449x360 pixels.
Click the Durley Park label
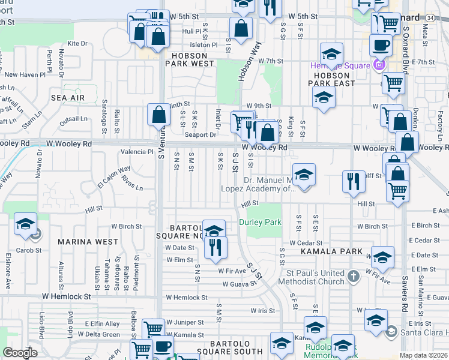click(261, 222)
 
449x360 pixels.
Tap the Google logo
click(20, 353)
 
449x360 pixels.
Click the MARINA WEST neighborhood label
click(88, 242)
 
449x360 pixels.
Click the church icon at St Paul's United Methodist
click(354, 276)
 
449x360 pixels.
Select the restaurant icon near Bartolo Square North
click(215, 247)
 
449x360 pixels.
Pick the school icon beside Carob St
click(26, 224)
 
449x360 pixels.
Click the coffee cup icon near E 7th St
click(380, 44)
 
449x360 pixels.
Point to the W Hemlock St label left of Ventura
click(67, 296)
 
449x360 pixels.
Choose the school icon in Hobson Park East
click(324, 98)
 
